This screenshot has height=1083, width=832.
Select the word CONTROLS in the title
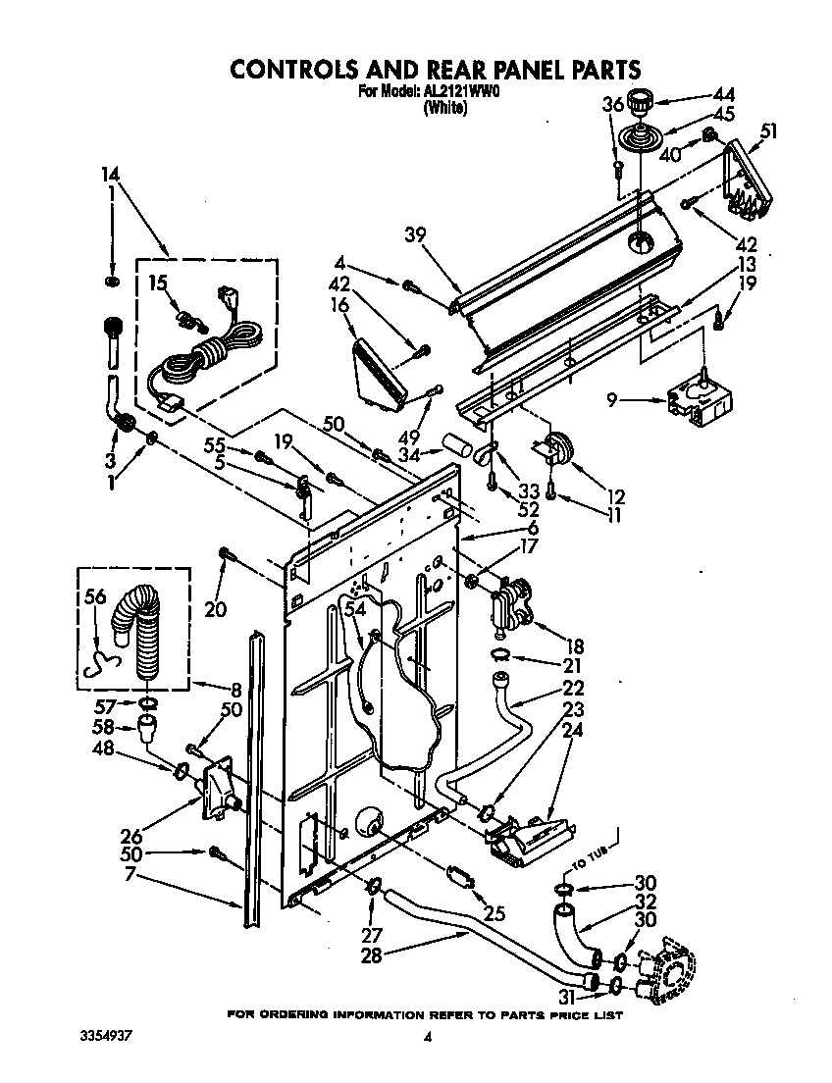tap(296, 69)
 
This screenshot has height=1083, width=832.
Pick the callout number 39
tap(415, 233)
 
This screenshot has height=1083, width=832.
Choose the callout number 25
tap(494, 912)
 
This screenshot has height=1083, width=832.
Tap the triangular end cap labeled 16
tap(379, 370)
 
